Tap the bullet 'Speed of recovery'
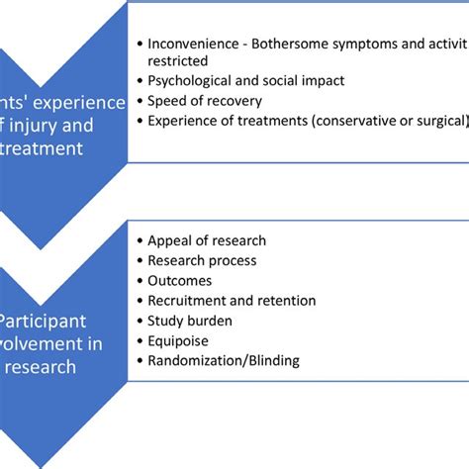point(198,100)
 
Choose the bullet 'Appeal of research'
point(207,240)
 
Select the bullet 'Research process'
point(202,260)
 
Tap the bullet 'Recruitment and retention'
point(232,300)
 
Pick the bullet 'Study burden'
point(191,320)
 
